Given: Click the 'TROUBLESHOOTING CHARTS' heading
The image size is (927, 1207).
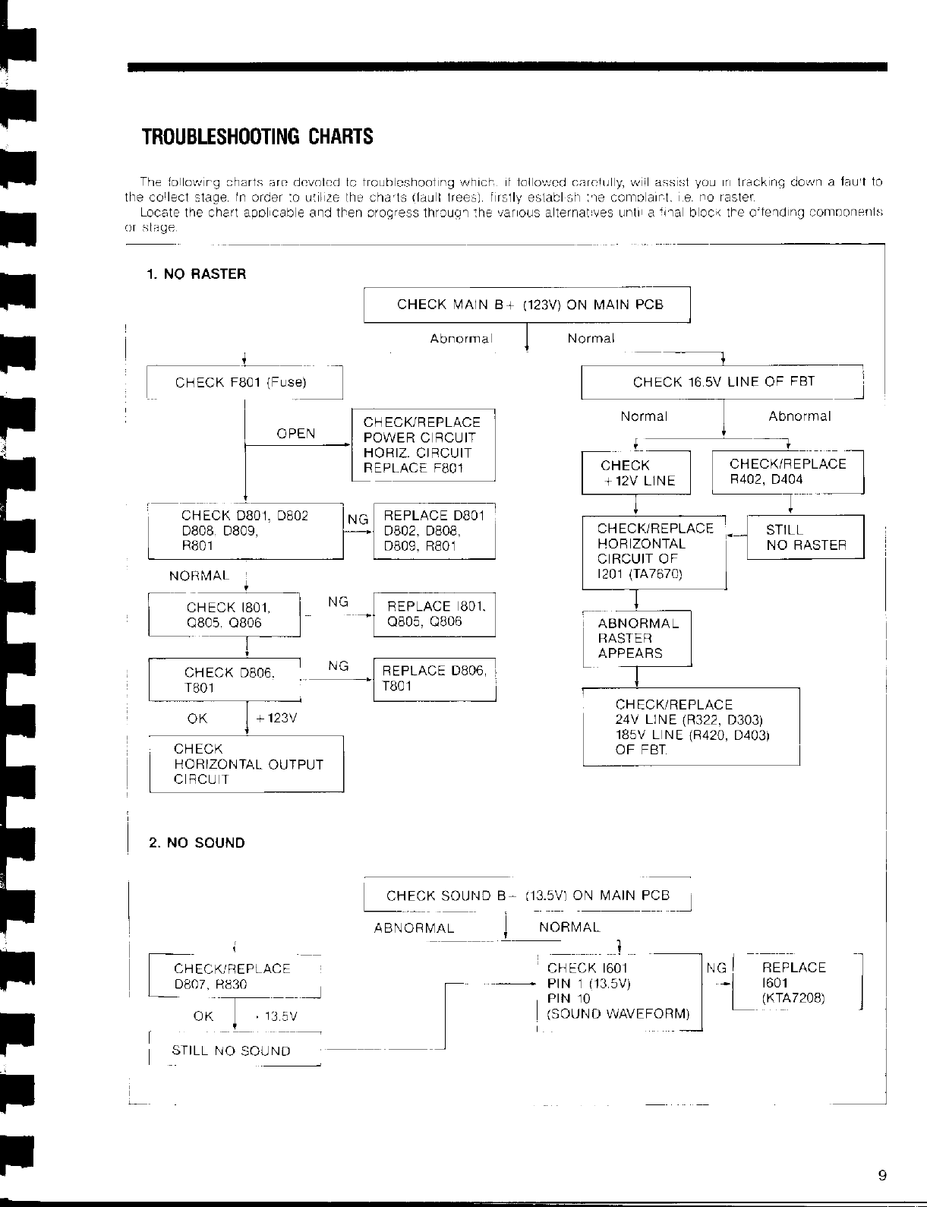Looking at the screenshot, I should tap(257, 137).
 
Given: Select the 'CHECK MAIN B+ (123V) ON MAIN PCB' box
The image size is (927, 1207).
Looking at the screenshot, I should tap(527, 305).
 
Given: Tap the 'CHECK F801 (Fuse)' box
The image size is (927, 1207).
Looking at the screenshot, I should tap(244, 382).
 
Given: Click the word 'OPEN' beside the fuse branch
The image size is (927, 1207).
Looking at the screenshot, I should tap(296, 434).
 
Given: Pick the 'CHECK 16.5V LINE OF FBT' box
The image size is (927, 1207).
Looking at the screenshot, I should tap(722, 382).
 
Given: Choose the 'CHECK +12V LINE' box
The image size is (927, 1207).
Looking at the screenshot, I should tap(635, 472).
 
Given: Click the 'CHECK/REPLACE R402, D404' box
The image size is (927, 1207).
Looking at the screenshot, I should tap(787, 472).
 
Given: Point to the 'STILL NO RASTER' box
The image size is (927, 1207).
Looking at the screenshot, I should tap(806, 537).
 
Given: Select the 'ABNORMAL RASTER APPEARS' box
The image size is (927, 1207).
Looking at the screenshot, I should tap(637, 638).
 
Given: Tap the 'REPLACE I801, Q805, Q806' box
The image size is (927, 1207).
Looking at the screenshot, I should tap(434, 614).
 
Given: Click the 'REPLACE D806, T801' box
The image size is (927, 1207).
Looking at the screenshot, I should tap(434, 678).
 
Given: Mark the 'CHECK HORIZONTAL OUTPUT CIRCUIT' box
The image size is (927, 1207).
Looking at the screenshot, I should tap(246, 764).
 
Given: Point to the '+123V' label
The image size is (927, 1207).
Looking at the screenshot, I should tap(278, 719).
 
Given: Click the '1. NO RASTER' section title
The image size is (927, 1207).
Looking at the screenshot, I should tap(197, 273).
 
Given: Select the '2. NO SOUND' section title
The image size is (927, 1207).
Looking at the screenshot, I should tap(197, 842).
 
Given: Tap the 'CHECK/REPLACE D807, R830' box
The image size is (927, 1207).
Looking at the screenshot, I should tap(235, 976).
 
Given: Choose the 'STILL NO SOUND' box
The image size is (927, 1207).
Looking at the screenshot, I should tap(232, 1051).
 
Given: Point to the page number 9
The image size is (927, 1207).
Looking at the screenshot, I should tap(881, 1176).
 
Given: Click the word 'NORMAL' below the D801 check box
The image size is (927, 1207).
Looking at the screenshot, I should tap(199, 576).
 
